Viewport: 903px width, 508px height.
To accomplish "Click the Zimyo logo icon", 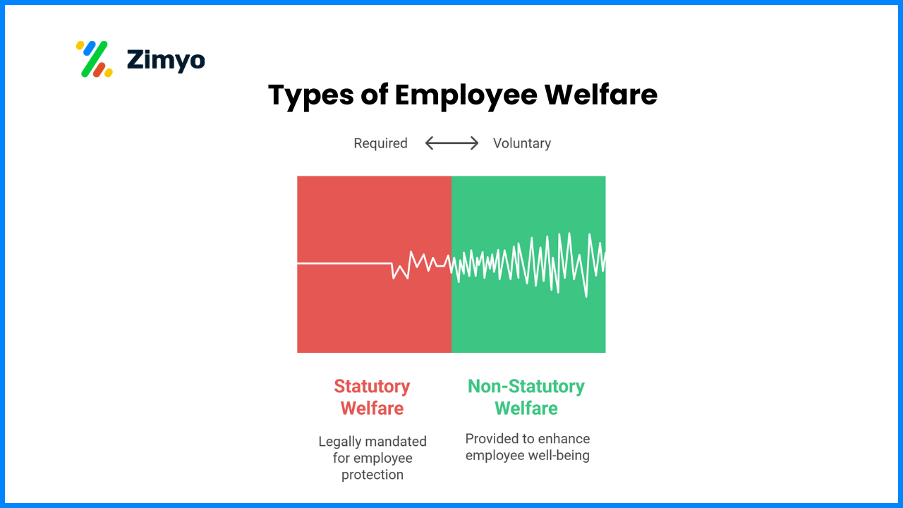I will (x=94, y=59).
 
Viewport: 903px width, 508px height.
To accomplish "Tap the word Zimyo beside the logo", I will (x=166, y=60).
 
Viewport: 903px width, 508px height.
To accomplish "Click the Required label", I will (x=380, y=143).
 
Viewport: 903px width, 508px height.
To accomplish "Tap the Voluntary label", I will (x=521, y=143).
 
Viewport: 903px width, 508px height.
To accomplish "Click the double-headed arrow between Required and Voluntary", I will (x=451, y=143).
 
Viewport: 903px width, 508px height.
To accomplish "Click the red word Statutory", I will (x=372, y=387).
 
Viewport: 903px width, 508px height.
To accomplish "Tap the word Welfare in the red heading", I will (x=372, y=409).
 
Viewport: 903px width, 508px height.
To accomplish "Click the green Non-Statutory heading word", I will (x=526, y=387).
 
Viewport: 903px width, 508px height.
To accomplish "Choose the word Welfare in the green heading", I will (x=526, y=409).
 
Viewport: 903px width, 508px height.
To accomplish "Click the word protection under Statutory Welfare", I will (x=372, y=475).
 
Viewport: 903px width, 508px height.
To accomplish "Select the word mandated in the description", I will (x=397, y=442).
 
